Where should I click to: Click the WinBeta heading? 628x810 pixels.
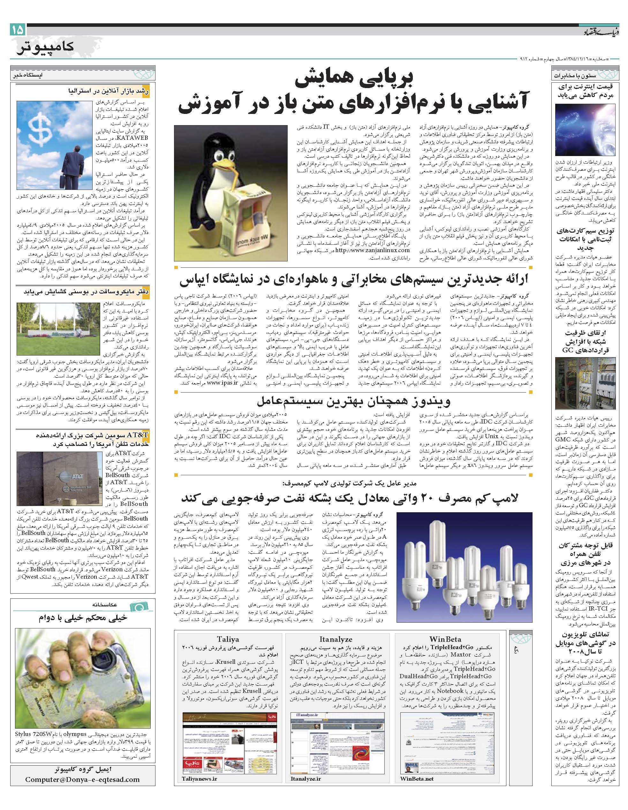(445, 639)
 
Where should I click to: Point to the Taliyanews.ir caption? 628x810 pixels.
(200, 768)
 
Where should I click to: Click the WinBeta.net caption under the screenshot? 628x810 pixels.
(417, 768)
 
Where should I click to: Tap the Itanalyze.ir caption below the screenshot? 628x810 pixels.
(306, 768)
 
